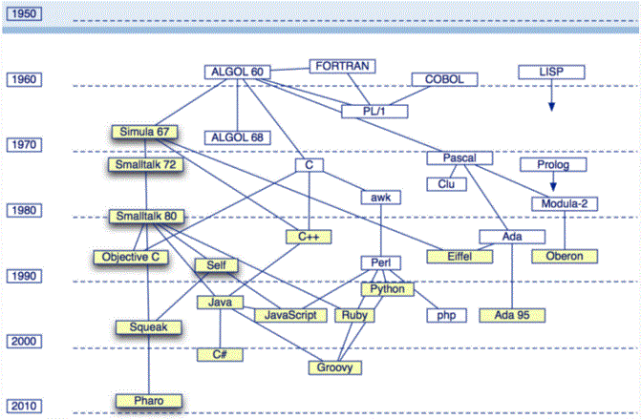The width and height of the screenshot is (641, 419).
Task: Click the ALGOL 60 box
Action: tap(238, 73)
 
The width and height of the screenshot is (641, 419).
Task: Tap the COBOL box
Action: tap(444, 80)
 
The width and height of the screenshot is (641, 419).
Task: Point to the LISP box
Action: tap(550, 73)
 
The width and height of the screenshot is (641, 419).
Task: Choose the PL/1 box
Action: tap(374, 112)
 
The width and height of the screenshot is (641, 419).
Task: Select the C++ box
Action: tap(308, 236)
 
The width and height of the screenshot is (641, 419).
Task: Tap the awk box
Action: tap(381, 198)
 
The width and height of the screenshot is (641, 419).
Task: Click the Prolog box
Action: tap(552, 165)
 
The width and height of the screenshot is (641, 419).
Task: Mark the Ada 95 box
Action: tap(511, 314)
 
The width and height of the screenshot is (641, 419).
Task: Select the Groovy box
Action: tap(335, 367)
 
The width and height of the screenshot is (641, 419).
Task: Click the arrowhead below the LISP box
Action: tap(551, 107)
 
